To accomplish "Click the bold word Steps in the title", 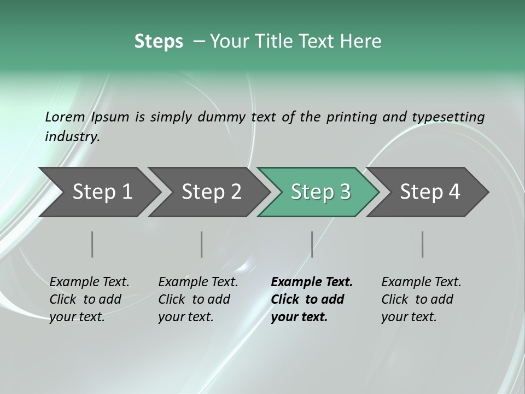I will pos(159,42).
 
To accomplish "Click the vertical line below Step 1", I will pos(92,244).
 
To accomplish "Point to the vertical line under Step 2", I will pos(201,244).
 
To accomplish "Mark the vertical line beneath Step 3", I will pos(312,244).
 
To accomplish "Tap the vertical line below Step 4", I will pos(422,244).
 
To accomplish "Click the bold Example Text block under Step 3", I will pos(312,299).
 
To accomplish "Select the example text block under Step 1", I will pos(89,299).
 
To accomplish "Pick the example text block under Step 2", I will pos(198,299).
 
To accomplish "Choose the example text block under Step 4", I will pos(421,299).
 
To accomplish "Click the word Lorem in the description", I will pos(65,117).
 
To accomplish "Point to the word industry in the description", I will pos(72,136).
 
